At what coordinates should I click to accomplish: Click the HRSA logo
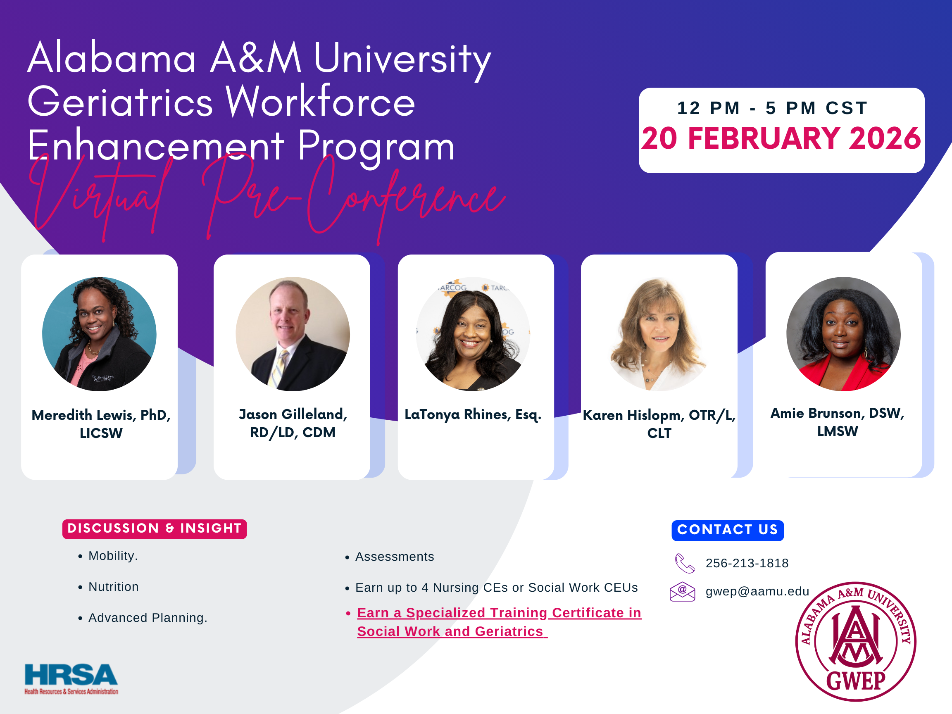click(x=71, y=678)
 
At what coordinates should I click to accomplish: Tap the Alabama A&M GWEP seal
click(x=856, y=641)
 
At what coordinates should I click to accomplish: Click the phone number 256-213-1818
click(x=747, y=563)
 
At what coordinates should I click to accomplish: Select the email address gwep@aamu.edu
click(x=757, y=591)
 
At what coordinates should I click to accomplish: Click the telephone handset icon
click(x=684, y=563)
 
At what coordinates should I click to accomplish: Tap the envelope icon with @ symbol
click(x=682, y=591)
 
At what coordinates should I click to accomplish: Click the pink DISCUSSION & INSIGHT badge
click(x=155, y=528)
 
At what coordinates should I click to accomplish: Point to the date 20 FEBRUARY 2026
click(x=781, y=138)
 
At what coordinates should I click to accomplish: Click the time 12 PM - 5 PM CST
click(x=772, y=108)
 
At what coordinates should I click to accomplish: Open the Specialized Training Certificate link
click(x=499, y=622)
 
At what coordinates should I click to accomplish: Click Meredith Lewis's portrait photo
click(x=100, y=334)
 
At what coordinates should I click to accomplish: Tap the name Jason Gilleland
click(x=293, y=414)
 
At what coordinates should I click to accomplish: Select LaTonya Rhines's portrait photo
click(x=473, y=334)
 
